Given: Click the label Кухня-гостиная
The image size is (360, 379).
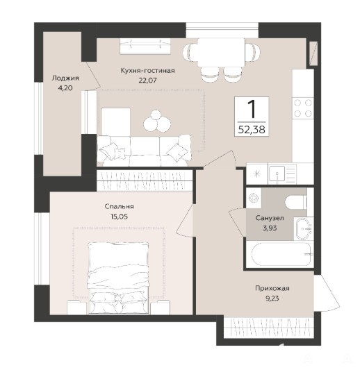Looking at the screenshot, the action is click(147, 71).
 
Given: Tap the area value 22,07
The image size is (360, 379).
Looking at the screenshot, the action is click(147, 81).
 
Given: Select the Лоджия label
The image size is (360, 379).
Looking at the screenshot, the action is click(65, 78).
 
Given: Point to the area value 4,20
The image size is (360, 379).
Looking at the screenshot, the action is click(65, 87).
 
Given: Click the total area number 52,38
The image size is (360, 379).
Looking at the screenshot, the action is click(252, 130).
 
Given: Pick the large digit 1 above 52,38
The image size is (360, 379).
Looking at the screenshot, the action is click(252, 109).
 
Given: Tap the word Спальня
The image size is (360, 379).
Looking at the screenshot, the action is click(120, 206).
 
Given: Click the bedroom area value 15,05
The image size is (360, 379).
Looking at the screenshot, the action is click(120, 217).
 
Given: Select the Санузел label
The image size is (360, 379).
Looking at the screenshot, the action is click(270, 218).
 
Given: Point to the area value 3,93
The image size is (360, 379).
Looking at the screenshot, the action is click(270, 228).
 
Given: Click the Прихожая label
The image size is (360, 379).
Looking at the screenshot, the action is click(272, 288).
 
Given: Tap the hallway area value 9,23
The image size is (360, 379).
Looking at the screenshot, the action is click(272, 298).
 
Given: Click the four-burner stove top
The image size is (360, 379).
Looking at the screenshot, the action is click(303, 108).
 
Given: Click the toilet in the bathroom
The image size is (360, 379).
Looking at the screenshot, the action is click(296, 202).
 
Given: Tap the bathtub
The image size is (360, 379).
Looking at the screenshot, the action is click(281, 254).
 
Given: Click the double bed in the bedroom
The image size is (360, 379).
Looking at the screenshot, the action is click(118, 278).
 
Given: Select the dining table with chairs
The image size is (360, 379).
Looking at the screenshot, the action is click(222, 59).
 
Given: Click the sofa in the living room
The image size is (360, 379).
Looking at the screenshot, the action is click(144, 151).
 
